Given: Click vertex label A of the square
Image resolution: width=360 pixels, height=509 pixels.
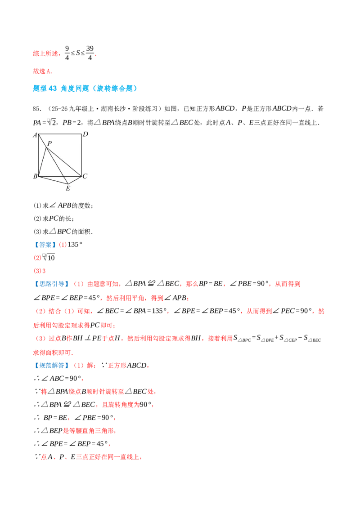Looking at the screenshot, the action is pyautogui.click(x=35, y=135).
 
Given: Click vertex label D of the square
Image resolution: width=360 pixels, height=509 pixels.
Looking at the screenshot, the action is pyautogui.click(x=85, y=134).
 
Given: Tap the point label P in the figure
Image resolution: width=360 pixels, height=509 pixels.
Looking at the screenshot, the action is pyautogui.click(x=49, y=143).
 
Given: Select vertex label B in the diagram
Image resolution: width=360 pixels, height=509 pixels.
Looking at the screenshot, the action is pyautogui.click(x=35, y=176).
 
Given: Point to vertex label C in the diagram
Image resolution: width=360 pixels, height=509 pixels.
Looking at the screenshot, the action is pyautogui.click(x=85, y=176).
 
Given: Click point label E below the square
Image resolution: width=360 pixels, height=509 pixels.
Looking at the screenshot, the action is pyautogui.click(x=68, y=188).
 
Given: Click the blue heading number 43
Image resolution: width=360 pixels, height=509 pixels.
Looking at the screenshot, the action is pyautogui.click(x=53, y=88).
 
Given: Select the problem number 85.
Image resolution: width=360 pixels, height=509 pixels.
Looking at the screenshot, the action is pyautogui.click(x=37, y=109).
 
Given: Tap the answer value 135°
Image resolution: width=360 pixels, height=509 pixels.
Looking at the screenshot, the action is pyautogui.click(x=75, y=245).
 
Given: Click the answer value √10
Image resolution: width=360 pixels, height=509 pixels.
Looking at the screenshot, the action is pyautogui.click(x=49, y=257).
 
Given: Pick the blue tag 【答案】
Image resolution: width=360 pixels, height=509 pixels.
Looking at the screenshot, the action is pyautogui.click(x=45, y=245).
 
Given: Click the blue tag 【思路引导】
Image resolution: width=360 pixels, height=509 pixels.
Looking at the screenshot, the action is pyautogui.click(x=51, y=284).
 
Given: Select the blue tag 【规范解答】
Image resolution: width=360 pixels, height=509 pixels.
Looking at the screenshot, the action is pyautogui.click(x=51, y=366).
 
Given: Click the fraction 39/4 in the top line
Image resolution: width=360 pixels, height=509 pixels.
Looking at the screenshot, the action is pyautogui.click(x=90, y=53).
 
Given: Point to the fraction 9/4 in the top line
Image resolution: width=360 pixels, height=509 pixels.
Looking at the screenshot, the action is pyautogui.click(x=67, y=53).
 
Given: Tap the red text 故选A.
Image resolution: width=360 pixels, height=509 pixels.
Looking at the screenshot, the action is pyautogui.click(x=43, y=71).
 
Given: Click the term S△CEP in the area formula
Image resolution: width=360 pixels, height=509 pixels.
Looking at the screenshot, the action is pyautogui.click(x=288, y=339).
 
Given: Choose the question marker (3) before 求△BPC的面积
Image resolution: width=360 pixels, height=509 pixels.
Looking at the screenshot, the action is pyautogui.click(x=38, y=232).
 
